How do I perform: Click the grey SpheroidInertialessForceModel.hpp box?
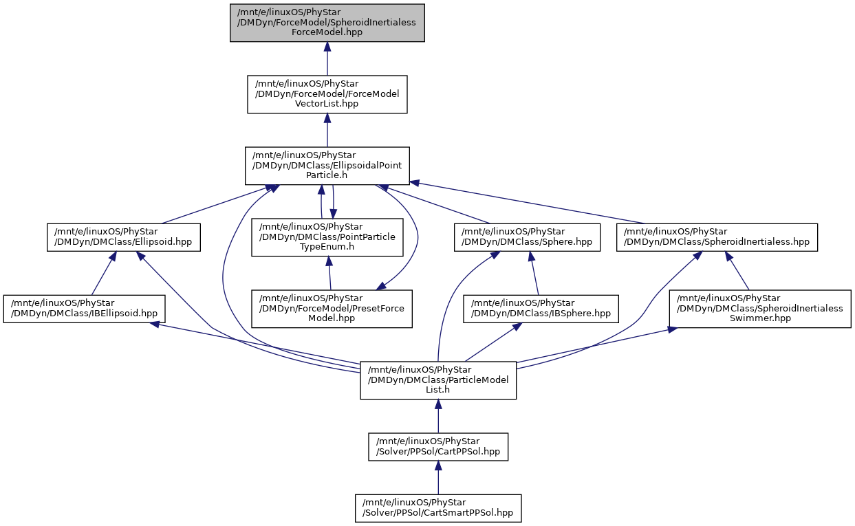(x=327, y=23)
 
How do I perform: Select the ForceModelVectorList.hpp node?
(x=327, y=94)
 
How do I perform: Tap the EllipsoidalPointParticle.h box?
(x=327, y=166)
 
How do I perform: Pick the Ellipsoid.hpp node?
(x=124, y=237)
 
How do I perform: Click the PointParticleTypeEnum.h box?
(x=327, y=237)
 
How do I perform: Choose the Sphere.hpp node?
(x=527, y=237)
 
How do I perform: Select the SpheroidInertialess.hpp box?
(x=717, y=237)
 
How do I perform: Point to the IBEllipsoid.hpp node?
(x=85, y=309)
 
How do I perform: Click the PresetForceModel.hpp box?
(x=332, y=309)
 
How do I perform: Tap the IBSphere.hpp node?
(x=541, y=309)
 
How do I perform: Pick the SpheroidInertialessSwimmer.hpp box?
(x=760, y=309)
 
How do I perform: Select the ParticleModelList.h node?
(x=438, y=380)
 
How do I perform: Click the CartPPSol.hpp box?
(x=438, y=447)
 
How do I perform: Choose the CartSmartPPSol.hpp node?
(x=438, y=508)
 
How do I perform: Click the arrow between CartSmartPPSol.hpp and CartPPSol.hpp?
(x=438, y=478)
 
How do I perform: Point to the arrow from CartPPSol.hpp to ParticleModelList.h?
(x=438, y=416)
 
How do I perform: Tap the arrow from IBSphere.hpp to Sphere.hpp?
(x=534, y=273)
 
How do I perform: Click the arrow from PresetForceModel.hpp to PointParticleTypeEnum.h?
(x=329, y=273)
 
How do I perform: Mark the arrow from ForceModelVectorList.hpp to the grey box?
(x=327, y=58)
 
